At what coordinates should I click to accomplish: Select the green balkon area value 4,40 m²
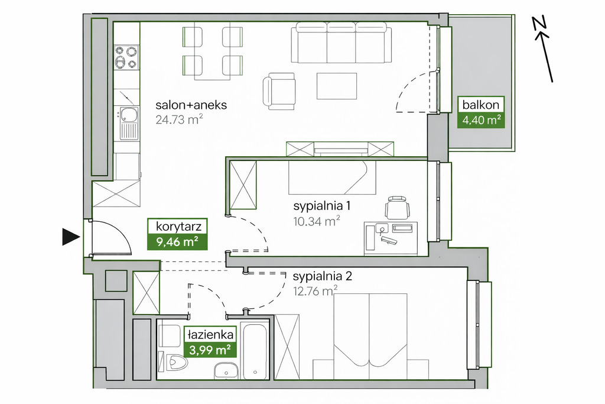(481, 120)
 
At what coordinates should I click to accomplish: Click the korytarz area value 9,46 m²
(177, 242)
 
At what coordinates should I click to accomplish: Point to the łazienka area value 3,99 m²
(210, 350)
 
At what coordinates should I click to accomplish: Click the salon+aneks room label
(191, 105)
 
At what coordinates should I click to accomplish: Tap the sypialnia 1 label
(322, 206)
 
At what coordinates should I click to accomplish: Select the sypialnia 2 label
(323, 276)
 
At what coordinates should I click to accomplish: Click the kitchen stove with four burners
(126, 57)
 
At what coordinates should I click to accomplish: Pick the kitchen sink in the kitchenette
(129, 123)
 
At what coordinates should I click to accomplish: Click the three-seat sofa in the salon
(341, 42)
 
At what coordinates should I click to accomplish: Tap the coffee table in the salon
(337, 86)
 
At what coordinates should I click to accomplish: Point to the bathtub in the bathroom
(255, 351)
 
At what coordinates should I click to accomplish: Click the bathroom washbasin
(226, 371)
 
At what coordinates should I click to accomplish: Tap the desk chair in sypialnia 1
(397, 208)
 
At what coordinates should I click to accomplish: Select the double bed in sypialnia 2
(370, 336)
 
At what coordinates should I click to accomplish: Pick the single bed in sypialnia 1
(332, 177)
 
